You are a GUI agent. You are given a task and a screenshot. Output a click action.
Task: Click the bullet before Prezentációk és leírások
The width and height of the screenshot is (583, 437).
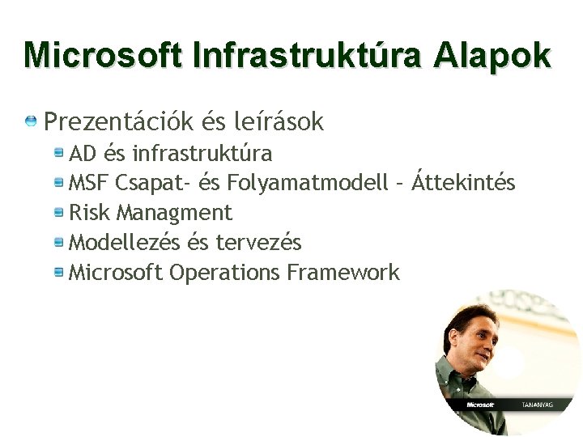(x=31, y=122)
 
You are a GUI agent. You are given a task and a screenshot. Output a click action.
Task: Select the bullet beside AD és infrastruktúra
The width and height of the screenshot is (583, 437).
(x=59, y=152)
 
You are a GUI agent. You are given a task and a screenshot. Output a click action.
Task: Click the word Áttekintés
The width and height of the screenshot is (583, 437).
(x=463, y=182)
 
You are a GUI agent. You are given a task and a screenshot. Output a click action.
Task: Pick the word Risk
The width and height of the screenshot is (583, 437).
(x=90, y=213)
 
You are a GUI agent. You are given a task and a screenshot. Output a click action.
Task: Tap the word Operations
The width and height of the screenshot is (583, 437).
(x=224, y=273)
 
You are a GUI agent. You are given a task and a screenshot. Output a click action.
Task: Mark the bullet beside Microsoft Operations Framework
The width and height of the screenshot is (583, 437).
(x=59, y=273)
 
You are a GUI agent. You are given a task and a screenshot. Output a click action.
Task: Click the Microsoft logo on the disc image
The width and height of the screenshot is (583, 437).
(x=480, y=404)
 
